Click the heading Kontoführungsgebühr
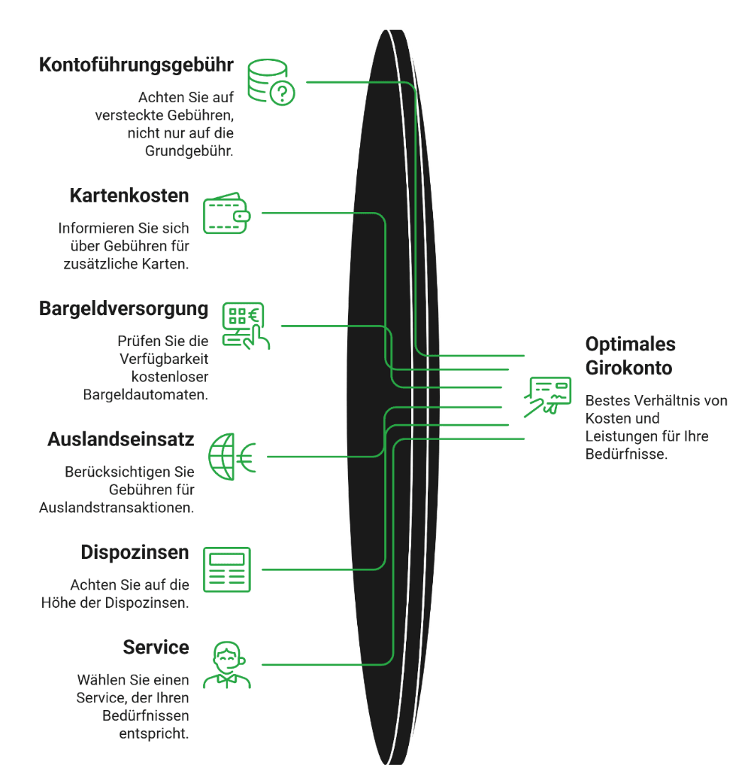click(x=136, y=65)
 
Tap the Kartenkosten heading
click(x=129, y=196)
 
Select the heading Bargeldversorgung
click(x=123, y=309)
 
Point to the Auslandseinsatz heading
click(x=121, y=439)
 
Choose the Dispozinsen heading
click(x=135, y=553)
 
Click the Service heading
click(x=156, y=647)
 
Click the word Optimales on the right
click(x=630, y=345)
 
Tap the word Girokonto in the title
click(x=628, y=369)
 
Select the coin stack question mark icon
click(x=271, y=82)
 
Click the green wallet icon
click(x=227, y=213)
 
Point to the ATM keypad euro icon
click(x=246, y=326)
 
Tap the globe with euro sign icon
click(x=232, y=457)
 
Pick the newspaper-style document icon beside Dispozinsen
click(x=227, y=569)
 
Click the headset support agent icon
click(x=227, y=665)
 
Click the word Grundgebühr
click(x=189, y=151)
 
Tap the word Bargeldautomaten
click(x=146, y=395)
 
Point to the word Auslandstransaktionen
click(x=117, y=508)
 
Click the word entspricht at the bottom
click(x=154, y=734)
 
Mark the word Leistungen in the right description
click(x=626, y=436)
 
